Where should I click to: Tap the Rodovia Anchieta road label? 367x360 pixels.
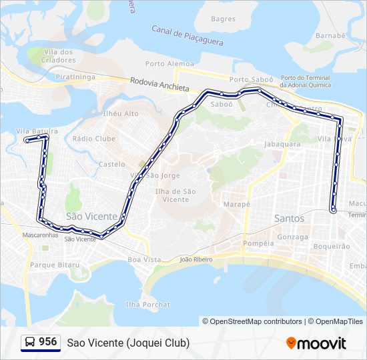coord(160,85)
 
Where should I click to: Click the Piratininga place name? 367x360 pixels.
coord(77,77)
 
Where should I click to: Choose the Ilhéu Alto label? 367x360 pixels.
coord(121,114)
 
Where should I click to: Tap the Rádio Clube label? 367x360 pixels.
coord(93,139)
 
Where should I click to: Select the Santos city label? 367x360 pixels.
coord(289,219)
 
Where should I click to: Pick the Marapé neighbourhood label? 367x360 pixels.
coord(236,204)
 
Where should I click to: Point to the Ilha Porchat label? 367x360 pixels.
coord(147,305)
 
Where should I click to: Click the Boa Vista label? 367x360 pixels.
coord(144,259)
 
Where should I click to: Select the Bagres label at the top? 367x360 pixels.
coord(223,19)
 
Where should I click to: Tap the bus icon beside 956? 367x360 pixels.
coord(30,342)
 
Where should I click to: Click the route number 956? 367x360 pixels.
coord(47,342)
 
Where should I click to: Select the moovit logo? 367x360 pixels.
coord(316,343)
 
